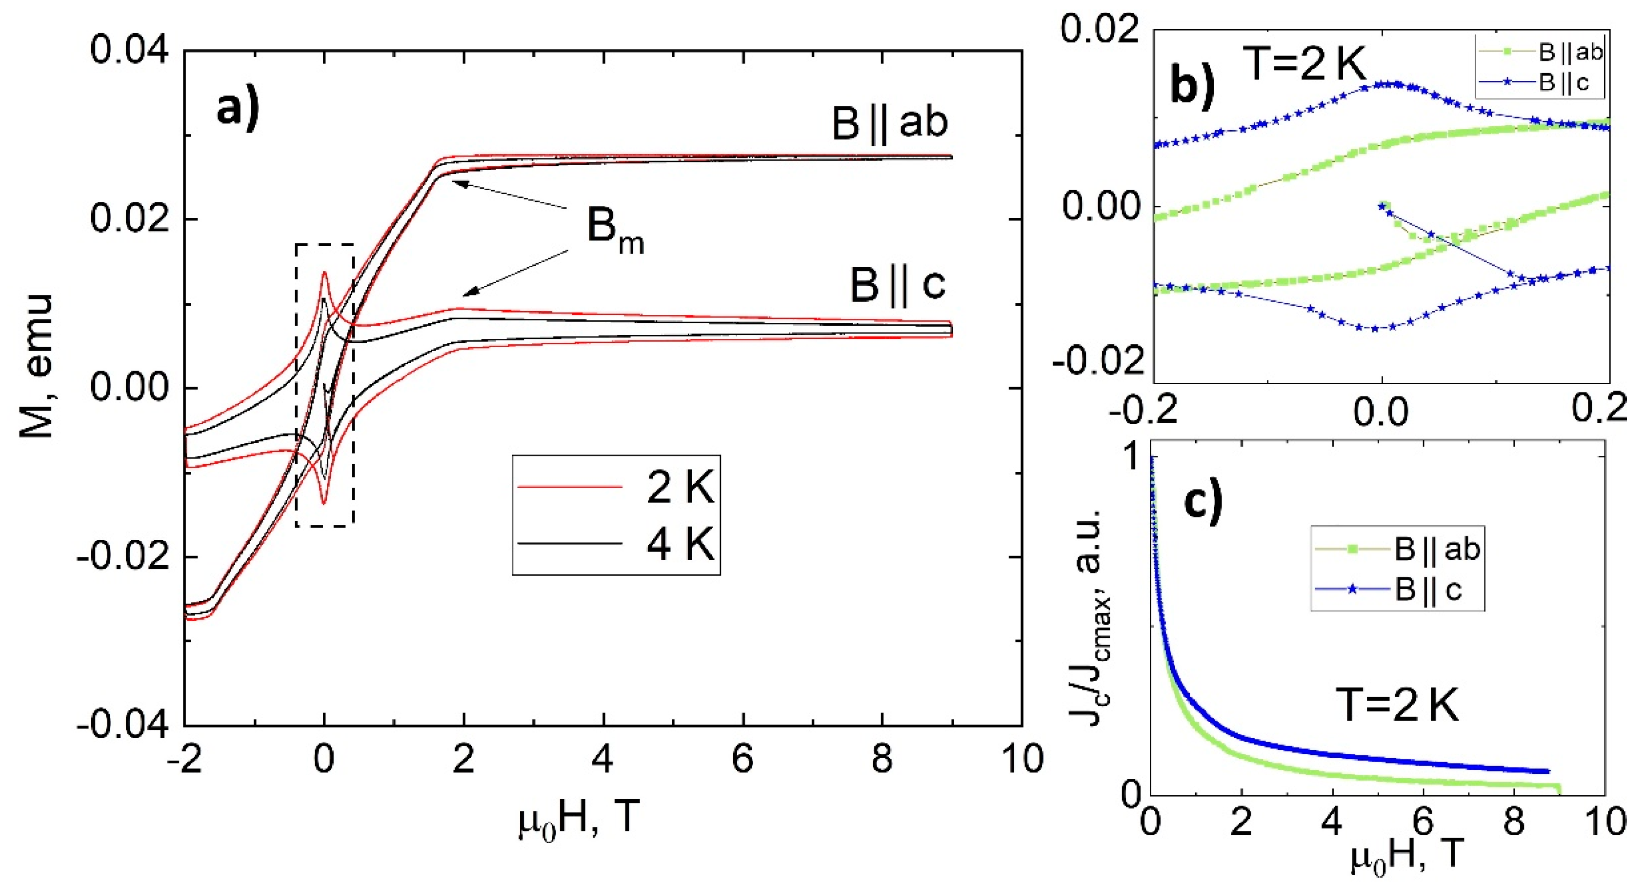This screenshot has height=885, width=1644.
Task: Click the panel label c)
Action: point(1203,500)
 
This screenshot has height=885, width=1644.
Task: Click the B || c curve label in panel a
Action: point(897,285)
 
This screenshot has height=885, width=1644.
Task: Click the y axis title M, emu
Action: point(37,367)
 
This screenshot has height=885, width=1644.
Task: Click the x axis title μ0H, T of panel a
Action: point(578,819)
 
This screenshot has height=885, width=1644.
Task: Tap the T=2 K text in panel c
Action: point(1397,707)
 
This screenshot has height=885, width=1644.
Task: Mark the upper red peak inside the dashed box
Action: point(324,273)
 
